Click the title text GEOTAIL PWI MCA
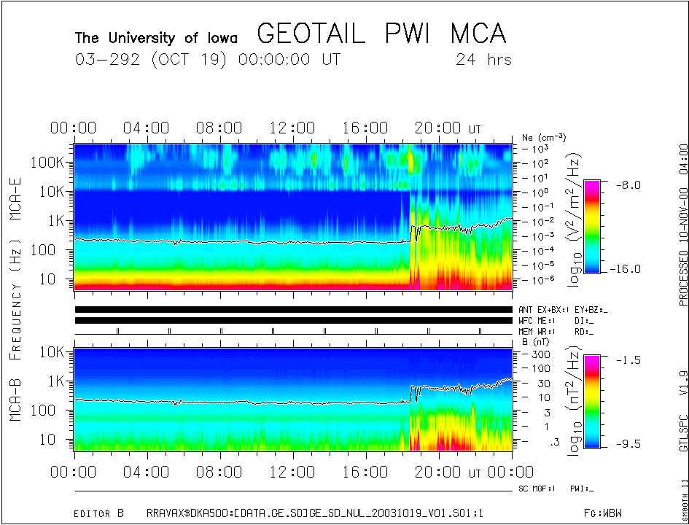(x=381, y=34)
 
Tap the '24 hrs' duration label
(x=483, y=59)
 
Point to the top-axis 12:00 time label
(x=292, y=128)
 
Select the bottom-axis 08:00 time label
(x=219, y=472)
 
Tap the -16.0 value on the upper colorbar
(x=628, y=268)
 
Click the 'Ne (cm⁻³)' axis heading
(x=544, y=137)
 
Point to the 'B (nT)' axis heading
(x=535, y=341)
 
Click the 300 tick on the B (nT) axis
(x=540, y=354)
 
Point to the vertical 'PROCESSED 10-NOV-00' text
(x=683, y=241)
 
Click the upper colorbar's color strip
(x=591, y=226)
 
